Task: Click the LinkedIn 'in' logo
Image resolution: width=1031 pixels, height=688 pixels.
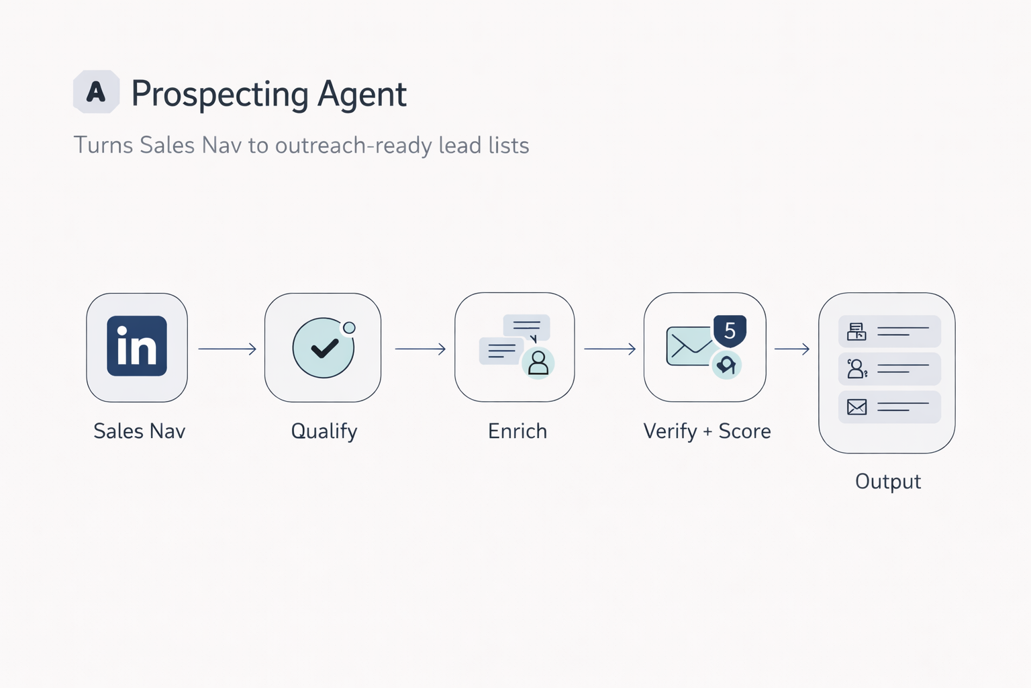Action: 137,346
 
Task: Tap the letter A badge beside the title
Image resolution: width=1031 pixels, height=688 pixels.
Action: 96,91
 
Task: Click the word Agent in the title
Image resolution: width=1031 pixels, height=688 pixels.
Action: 362,94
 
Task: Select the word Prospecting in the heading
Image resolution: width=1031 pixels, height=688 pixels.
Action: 219,95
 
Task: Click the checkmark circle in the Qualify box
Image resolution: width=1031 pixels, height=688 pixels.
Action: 324,348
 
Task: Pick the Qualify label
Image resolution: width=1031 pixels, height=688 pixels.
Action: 324,431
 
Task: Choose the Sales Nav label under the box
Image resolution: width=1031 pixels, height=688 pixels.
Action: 139,431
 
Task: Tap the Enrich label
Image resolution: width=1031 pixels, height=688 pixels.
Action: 517,431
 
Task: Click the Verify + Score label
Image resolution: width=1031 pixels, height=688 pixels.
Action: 707,431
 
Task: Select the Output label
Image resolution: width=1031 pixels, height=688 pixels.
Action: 887,482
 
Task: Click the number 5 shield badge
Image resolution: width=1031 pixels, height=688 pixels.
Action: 730,331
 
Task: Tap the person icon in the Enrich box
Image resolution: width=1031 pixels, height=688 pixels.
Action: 538,363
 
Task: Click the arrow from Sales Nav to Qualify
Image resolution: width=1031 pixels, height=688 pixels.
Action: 227,349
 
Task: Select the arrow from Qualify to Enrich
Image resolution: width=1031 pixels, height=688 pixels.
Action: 420,349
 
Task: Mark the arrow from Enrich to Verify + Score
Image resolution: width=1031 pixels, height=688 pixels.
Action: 609,349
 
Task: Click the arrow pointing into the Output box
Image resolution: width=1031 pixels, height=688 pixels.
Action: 792,349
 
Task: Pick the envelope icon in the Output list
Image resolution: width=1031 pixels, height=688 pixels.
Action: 856,406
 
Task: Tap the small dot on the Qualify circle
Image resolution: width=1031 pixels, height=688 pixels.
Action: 349,328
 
